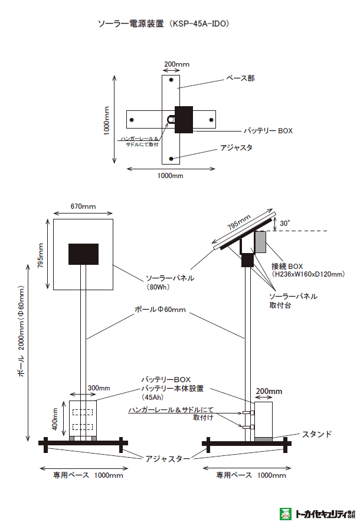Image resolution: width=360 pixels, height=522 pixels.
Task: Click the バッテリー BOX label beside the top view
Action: coord(269,130)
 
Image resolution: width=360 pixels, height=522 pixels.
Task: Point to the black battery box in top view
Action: coord(184,119)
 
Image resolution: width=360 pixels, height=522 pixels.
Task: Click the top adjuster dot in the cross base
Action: coord(171,80)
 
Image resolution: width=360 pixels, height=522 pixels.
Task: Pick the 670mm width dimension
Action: coord(83,206)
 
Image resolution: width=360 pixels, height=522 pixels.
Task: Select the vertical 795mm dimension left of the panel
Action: coord(41,255)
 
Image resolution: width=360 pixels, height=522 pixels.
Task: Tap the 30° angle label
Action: coord(285,224)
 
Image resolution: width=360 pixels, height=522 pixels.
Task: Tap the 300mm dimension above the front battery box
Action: coord(99,388)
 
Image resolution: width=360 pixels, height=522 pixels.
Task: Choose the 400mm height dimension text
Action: coord(54,419)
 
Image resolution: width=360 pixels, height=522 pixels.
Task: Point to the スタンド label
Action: coord(316,434)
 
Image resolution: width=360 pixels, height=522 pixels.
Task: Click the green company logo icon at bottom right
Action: coord(286,513)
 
